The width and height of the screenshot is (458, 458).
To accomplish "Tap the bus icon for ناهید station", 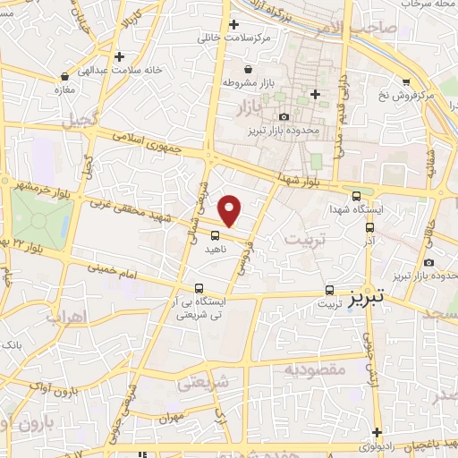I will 215,236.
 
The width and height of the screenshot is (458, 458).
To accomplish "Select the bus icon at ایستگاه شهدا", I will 357,197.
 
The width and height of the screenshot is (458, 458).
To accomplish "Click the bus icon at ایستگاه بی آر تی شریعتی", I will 199,289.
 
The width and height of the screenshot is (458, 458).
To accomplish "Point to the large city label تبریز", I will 368,295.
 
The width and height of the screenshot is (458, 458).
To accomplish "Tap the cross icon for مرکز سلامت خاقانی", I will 234,24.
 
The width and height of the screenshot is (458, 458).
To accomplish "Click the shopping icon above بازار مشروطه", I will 249,69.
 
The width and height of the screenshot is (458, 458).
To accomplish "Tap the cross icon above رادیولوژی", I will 378,431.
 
